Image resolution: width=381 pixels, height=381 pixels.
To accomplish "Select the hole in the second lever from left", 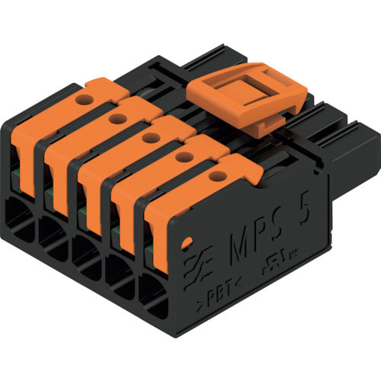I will pos(117,118).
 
